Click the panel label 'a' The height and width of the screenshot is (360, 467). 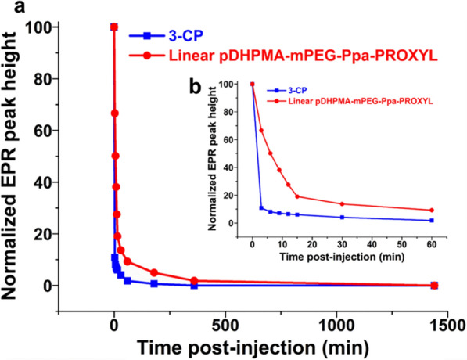click(9, 10)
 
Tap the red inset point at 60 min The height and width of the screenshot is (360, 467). click(432, 210)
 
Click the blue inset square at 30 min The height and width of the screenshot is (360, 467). click(342, 217)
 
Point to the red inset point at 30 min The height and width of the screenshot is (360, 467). click(342, 204)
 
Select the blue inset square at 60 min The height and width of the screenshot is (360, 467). click(432, 220)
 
